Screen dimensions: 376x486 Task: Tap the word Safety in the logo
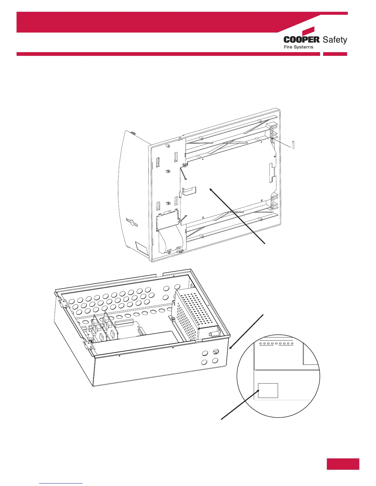[x=335, y=40]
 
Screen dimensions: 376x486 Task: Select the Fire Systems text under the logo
[x=298, y=47]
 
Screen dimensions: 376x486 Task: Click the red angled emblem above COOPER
[x=308, y=31]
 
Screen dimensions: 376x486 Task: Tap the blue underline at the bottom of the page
[x=61, y=483]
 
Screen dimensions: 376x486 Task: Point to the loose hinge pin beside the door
[x=294, y=144]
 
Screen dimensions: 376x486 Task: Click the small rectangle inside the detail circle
[x=268, y=390]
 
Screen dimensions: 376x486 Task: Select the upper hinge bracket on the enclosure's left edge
[x=63, y=303]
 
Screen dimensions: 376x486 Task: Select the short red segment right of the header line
[x=335, y=54]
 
